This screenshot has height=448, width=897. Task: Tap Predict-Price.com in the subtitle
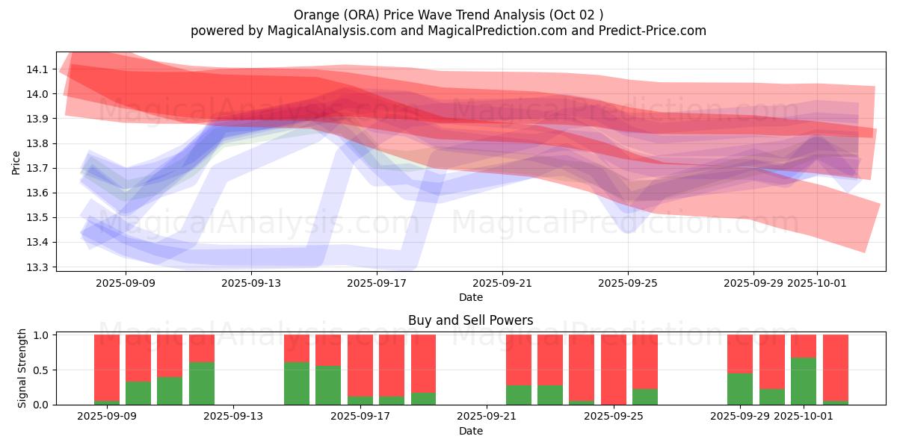[x=647, y=31]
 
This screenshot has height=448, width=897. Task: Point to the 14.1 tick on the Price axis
[x=37, y=69]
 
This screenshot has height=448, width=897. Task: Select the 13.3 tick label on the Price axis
[x=37, y=267]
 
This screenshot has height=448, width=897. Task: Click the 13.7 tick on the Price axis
[x=37, y=169]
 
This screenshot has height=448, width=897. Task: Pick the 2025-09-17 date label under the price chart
[x=377, y=283]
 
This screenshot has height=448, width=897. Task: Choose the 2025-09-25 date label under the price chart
[x=628, y=283]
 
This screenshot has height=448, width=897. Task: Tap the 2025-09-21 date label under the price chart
[x=502, y=283]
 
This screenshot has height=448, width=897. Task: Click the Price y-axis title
[x=16, y=162]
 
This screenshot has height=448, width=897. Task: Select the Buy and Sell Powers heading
[x=470, y=320]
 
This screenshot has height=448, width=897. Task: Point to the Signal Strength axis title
[x=22, y=368]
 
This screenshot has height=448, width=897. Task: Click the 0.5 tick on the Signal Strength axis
[x=42, y=370]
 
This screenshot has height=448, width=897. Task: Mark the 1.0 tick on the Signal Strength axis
[x=42, y=335]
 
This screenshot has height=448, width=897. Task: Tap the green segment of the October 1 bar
[x=804, y=381]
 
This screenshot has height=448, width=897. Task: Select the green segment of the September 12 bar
[x=202, y=383]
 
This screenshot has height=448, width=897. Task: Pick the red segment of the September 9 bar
[x=107, y=367]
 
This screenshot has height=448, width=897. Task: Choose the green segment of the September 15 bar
[x=297, y=383]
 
